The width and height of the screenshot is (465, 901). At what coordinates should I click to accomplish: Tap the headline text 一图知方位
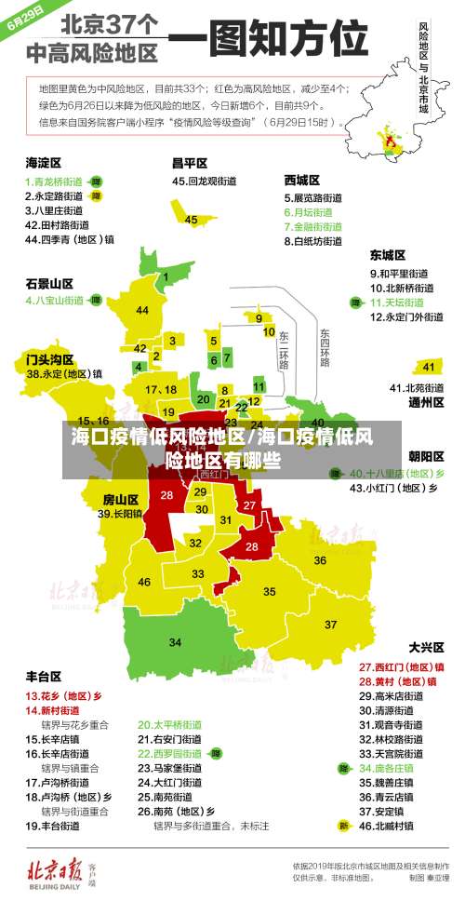point(270,41)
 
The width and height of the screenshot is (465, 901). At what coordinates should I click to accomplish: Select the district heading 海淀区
point(44,162)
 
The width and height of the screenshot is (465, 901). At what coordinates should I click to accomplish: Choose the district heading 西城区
point(302,180)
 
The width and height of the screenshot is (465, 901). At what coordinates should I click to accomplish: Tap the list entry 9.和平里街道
point(399,274)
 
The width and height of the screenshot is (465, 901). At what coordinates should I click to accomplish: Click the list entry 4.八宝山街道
point(55,301)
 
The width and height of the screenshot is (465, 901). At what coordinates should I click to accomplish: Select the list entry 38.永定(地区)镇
point(64,374)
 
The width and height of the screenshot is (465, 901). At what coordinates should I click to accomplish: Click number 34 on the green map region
point(176,642)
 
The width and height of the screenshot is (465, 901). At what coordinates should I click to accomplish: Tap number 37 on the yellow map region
point(330,624)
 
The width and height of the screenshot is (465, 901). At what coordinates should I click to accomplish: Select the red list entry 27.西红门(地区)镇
point(401,666)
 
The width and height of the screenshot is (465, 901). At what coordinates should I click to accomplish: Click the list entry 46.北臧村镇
point(393,825)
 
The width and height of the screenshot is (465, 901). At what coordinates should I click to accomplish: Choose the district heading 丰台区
point(44,676)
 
